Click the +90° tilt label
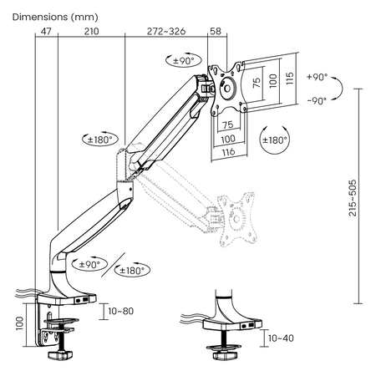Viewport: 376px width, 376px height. tap(318, 76)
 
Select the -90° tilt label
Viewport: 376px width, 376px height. tap(318, 100)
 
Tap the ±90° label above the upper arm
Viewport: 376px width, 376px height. tap(183, 61)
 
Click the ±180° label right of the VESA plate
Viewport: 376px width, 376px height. tap(274, 140)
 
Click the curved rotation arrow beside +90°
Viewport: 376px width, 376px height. tap(338, 88)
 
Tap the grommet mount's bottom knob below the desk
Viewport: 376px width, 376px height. tap(225, 355)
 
